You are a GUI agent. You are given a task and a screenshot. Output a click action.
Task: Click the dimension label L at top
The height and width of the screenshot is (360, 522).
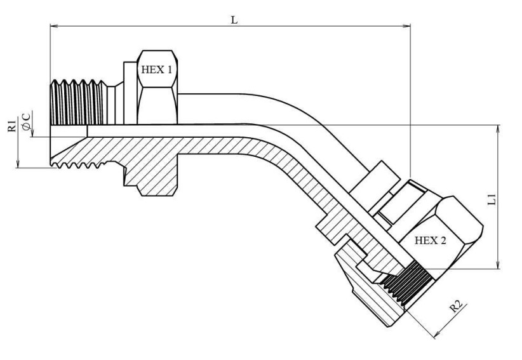click(x=234, y=20)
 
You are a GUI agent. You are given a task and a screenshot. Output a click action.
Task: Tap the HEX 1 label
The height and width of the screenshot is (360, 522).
click(x=157, y=70)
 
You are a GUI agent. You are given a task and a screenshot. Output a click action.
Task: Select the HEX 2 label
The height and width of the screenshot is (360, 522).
click(x=430, y=240)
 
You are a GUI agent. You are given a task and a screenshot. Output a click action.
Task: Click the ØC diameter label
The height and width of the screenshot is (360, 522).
click(x=26, y=121)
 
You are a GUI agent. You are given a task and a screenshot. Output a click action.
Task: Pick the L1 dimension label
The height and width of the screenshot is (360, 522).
click(x=492, y=199)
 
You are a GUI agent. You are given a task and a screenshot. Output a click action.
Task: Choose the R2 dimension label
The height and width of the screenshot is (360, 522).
click(x=457, y=305)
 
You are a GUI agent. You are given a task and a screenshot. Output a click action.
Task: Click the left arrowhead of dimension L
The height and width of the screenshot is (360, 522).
click(x=54, y=25)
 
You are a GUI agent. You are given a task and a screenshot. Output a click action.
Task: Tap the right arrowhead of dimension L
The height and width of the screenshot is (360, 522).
click(x=406, y=25)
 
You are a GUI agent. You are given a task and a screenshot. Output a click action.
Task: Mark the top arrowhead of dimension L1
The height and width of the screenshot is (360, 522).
click(x=498, y=129)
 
